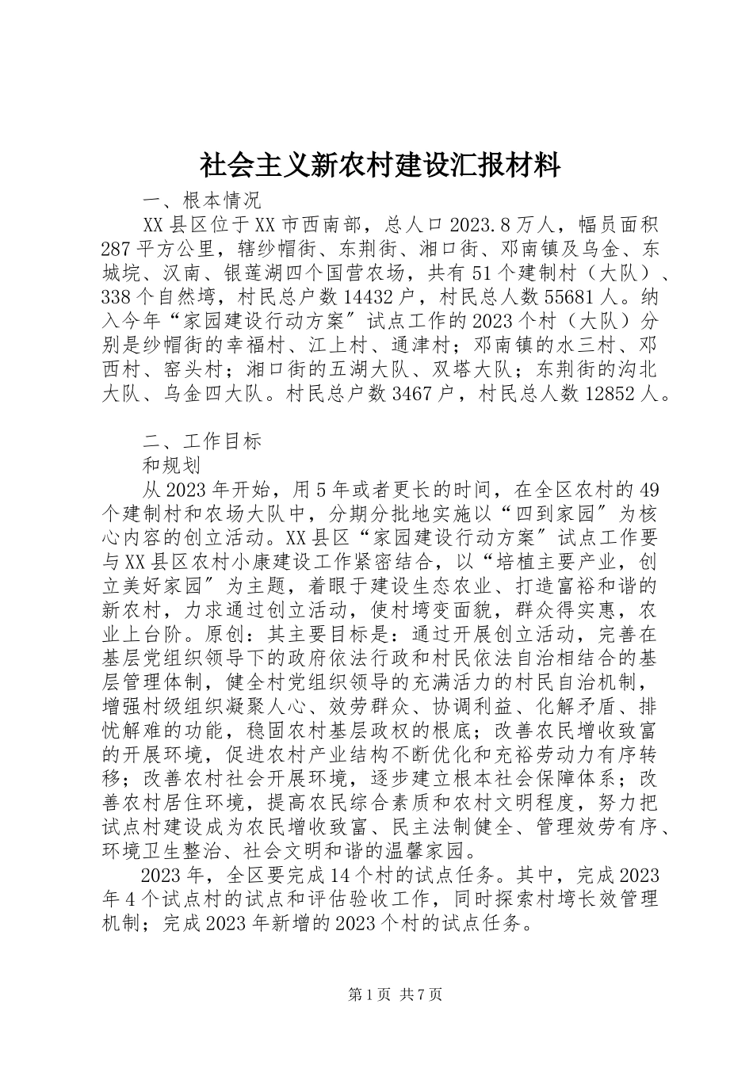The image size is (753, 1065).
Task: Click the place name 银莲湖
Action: tap(277, 274)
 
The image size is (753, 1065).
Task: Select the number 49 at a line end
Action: tap(648, 489)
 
